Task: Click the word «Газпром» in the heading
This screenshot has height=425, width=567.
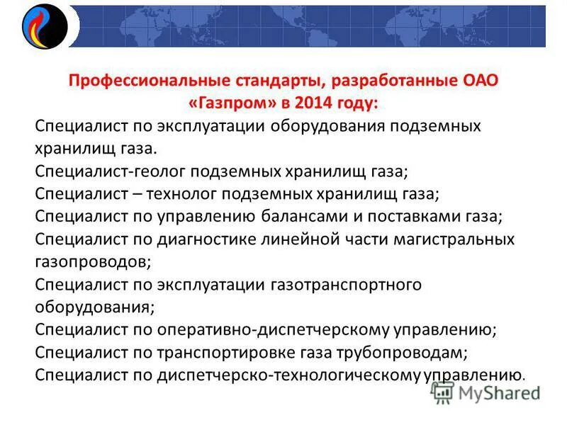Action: (x=230, y=103)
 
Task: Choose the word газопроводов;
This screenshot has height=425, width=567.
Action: (x=92, y=261)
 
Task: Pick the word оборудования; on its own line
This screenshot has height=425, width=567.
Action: (x=94, y=307)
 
